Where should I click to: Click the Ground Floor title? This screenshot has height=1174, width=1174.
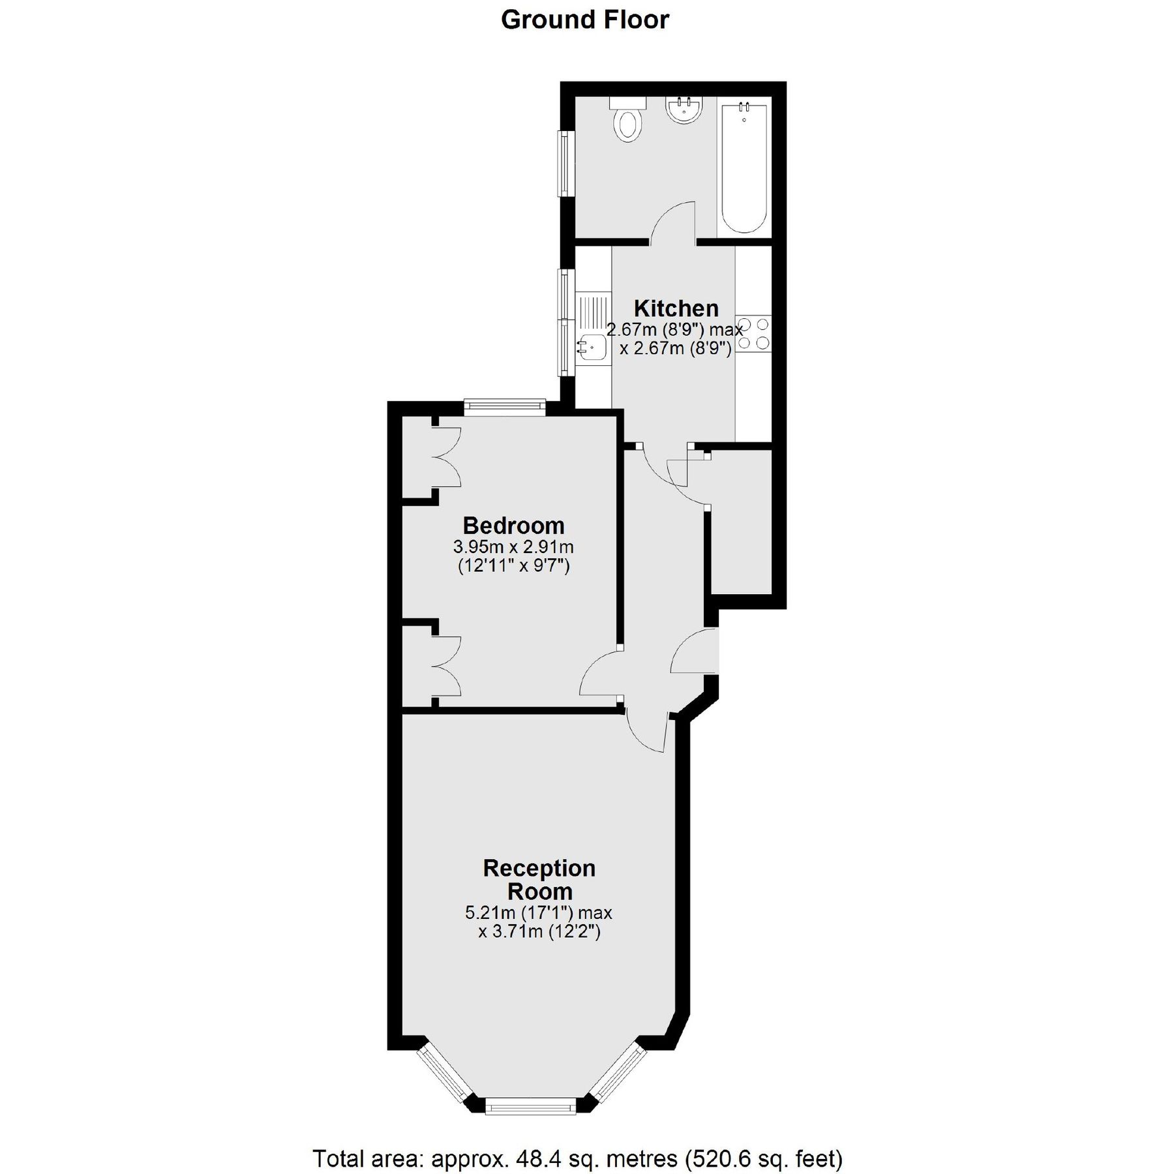[584, 20]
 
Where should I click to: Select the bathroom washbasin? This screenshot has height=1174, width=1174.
[684, 109]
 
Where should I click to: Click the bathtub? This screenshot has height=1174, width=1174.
[744, 166]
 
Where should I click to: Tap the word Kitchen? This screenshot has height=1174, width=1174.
[676, 308]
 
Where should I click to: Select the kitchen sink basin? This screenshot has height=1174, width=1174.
[592, 347]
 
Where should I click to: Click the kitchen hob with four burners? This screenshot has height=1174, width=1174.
[753, 333]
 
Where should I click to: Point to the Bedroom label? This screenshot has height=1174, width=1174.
[513, 525]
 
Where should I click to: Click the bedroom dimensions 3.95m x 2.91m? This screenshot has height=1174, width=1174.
[513, 546]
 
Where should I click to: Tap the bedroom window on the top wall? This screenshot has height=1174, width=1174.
[504, 407]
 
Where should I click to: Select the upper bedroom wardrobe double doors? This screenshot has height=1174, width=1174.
[447, 457]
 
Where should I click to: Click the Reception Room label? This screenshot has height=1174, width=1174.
[539, 879]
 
